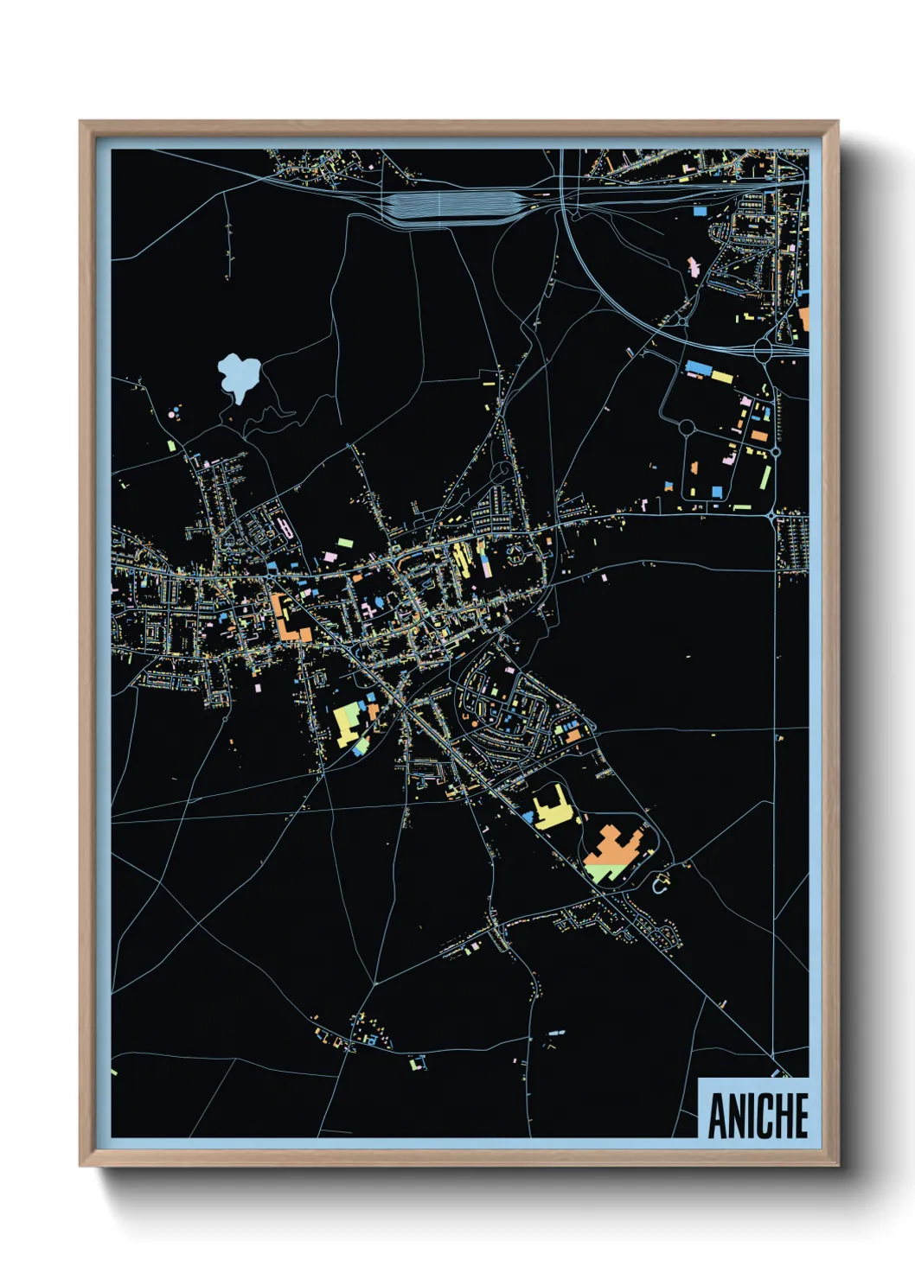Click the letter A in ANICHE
(716, 1116)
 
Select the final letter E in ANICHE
(801, 1116)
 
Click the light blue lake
(238, 376)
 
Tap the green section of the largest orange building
(602, 870)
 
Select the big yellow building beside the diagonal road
(551, 811)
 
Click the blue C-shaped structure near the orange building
(661, 885)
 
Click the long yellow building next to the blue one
(721, 377)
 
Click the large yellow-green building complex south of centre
(349, 722)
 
